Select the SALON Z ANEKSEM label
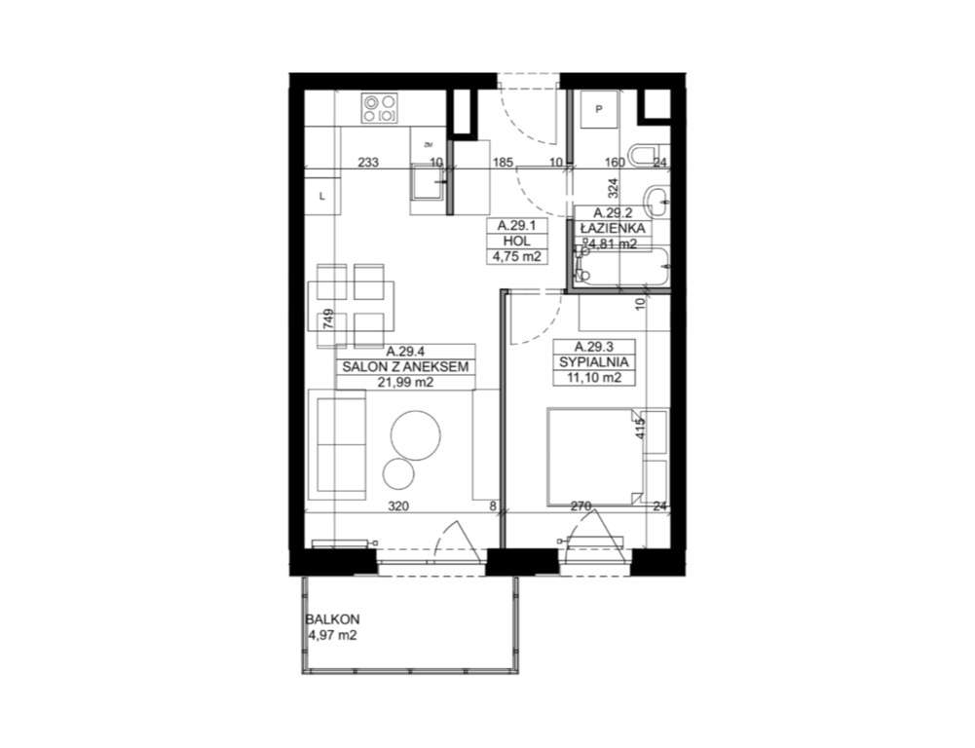tap(406, 367)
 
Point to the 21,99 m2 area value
tap(406, 383)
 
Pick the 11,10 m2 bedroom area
tap(592, 378)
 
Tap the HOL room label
tap(516, 241)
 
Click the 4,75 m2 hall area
tap(516, 257)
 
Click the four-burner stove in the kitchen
tap(380, 107)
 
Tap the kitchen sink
tap(428, 188)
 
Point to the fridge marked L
tap(322, 196)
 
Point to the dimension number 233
tap(367, 163)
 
